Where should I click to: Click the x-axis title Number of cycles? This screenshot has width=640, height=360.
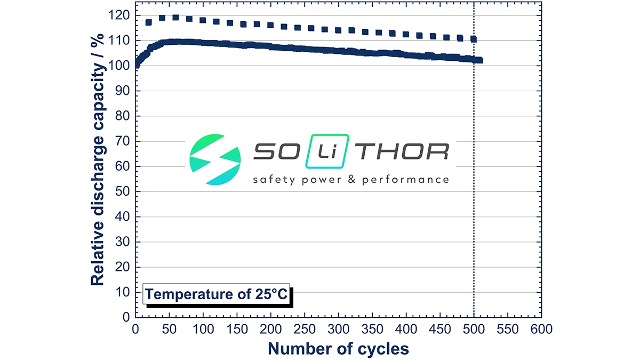click(x=339, y=348)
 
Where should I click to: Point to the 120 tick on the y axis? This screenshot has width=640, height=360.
click(x=122, y=15)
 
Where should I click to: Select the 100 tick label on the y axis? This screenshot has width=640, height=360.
click(x=122, y=66)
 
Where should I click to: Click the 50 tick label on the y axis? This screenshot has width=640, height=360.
click(x=124, y=191)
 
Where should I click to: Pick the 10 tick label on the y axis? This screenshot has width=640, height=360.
click(x=124, y=292)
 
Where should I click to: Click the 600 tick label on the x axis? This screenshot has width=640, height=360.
click(x=541, y=330)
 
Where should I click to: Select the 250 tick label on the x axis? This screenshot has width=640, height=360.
click(x=305, y=330)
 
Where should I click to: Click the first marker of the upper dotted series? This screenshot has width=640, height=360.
click(x=148, y=22)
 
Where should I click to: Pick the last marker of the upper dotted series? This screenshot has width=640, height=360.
click(x=473, y=39)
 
